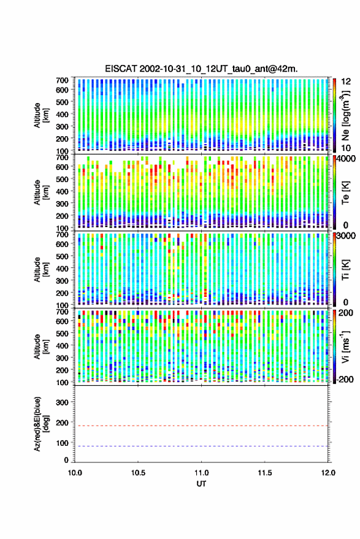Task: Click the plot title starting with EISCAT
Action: pyautogui.click(x=201, y=69)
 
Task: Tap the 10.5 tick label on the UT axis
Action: pyautogui.click(x=138, y=473)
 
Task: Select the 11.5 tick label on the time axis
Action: pyautogui.click(x=264, y=473)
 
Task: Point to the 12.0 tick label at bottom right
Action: pyautogui.click(x=328, y=473)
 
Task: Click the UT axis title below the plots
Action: pyautogui.click(x=201, y=484)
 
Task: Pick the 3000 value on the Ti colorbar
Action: pyautogui.click(x=346, y=236)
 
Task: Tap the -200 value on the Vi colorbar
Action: pyautogui.click(x=345, y=380)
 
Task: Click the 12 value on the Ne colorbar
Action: pyautogui.click(x=346, y=82)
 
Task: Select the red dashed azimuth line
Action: pyautogui.click(x=201, y=426)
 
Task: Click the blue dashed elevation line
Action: pyautogui.click(x=201, y=446)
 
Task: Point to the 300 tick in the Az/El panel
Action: pyautogui.click(x=62, y=402)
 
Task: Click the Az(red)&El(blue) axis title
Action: pyautogui.click(x=41, y=424)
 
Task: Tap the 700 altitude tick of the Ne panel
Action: pyautogui.click(x=62, y=80)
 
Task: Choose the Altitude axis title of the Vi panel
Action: pyautogui.click(x=41, y=346)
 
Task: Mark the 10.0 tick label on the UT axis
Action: pyautogui.click(x=75, y=473)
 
